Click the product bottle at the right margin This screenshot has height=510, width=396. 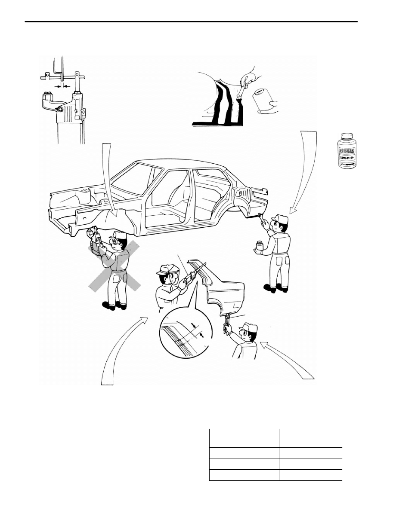tap(347, 151)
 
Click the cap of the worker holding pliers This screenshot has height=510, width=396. tap(248, 327)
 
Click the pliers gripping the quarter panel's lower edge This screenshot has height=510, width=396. tap(226, 324)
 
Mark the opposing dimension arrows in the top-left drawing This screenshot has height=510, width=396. tap(62, 86)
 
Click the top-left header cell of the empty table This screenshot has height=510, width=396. tap(244, 438)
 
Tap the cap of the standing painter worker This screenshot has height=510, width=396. tap(279, 219)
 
